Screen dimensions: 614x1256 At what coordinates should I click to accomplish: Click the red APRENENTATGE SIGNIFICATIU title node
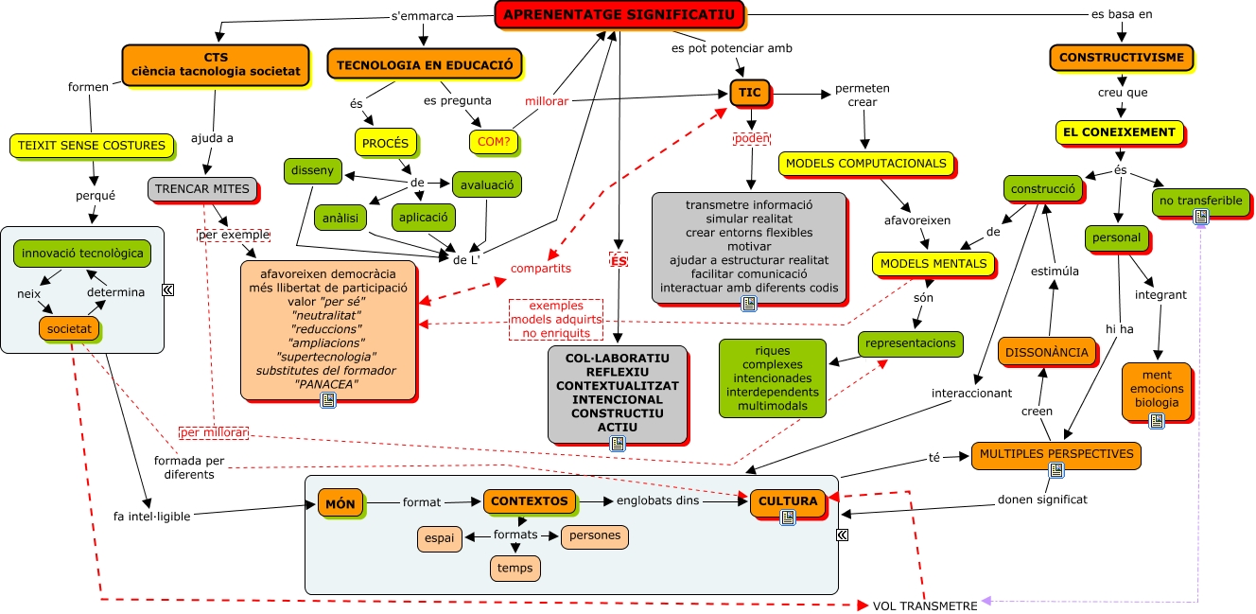tap(619, 14)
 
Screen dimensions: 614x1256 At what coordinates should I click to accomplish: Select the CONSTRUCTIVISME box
tap(1121, 58)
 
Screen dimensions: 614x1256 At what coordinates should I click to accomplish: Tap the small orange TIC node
tap(749, 93)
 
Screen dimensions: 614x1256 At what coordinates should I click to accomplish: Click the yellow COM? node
tap(494, 141)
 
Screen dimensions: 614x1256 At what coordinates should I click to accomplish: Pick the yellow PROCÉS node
tap(386, 143)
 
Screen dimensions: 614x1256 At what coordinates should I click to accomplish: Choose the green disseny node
tap(312, 171)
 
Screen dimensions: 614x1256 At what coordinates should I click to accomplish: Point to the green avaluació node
tap(486, 184)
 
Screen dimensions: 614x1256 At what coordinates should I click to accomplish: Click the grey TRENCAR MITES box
tap(202, 188)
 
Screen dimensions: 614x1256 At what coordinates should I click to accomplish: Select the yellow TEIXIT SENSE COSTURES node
tap(91, 146)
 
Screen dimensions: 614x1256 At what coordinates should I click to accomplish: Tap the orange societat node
tap(69, 328)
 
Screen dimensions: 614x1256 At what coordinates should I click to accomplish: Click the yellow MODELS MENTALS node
tap(933, 263)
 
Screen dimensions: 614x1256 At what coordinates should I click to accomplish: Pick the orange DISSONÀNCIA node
tap(1046, 352)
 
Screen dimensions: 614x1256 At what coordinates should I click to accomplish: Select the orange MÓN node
tap(340, 503)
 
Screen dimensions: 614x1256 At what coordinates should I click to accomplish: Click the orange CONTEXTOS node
tap(529, 501)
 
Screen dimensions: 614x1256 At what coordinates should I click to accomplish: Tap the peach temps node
tap(515, 568)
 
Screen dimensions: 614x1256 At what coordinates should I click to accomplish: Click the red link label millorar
tap(546, 101)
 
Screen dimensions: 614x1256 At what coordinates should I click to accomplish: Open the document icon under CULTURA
tap(787, 517)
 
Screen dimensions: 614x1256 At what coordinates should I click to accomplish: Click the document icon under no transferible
tap(1201, 217)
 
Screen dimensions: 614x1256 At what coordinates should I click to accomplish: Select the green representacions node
tap(910, 342)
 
